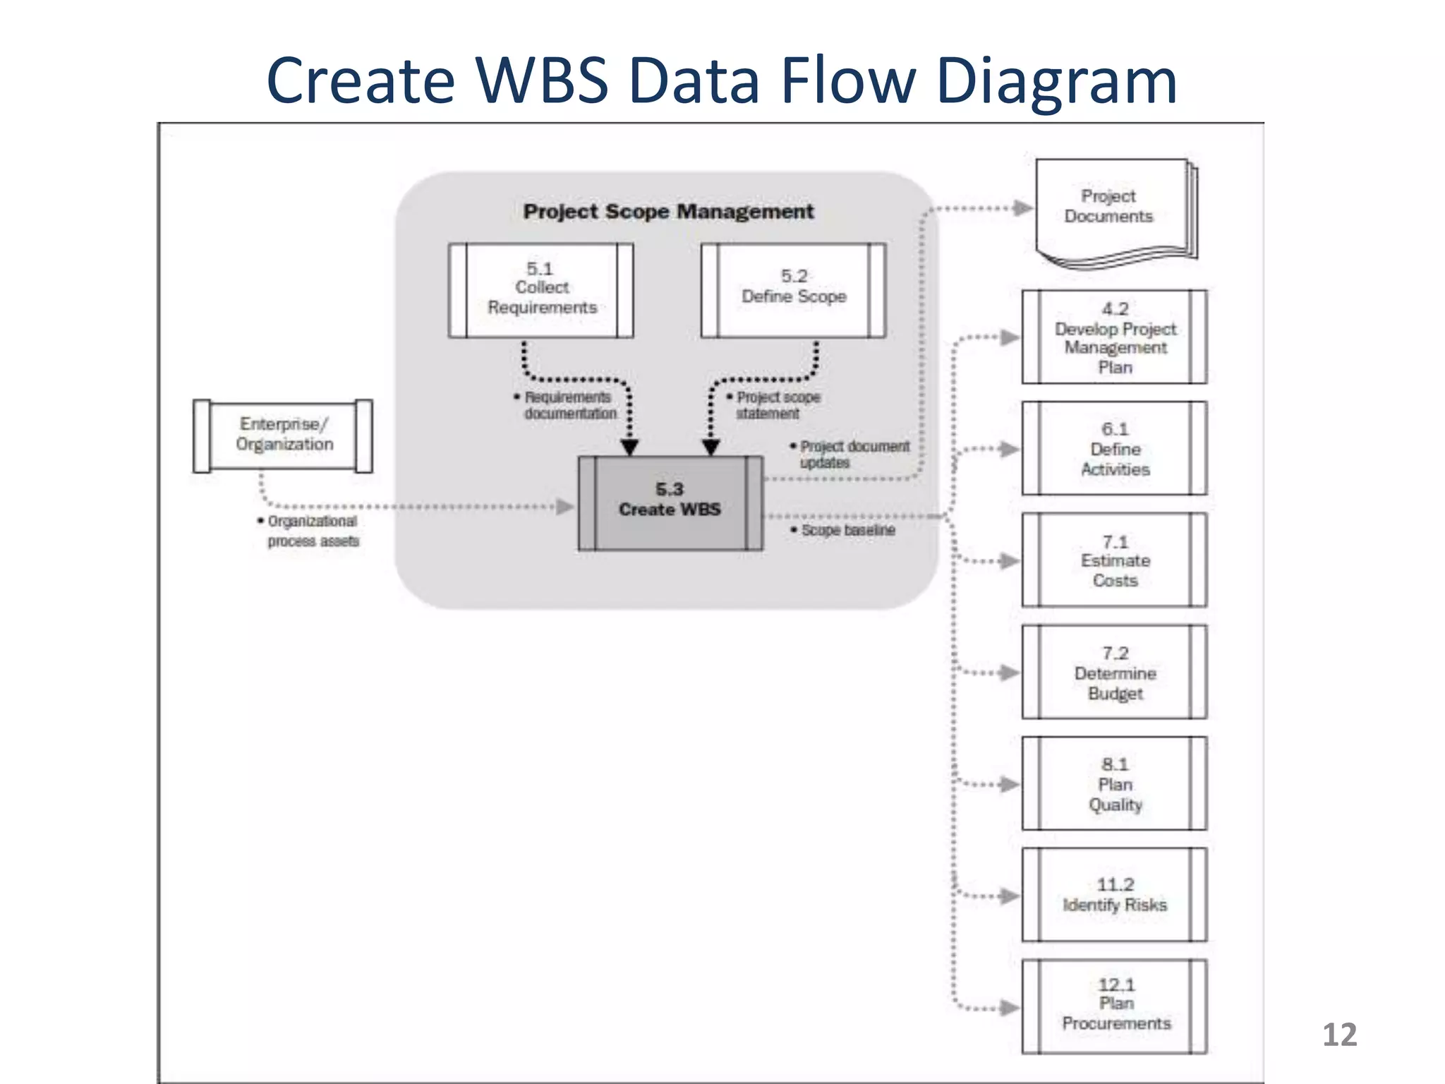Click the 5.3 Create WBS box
[670, 502]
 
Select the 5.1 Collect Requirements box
[540, 290]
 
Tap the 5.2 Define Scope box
[793, 290]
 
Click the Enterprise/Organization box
[283, 435]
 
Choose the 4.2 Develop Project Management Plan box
[1114, 337]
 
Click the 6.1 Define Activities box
[1114, 449]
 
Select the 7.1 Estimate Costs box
[1114, 560]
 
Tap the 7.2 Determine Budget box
[1114, 672]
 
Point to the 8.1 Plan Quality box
[1114, 783]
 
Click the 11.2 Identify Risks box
[1114, 895]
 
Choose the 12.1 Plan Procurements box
[1114, 1005]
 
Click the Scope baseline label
[847, 530]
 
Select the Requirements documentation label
[569, 405]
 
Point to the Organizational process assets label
[312, 531]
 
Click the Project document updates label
[852, 454]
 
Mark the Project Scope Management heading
[668, 211]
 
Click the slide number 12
[1338, 1035]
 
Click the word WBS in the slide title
[541, 80]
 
